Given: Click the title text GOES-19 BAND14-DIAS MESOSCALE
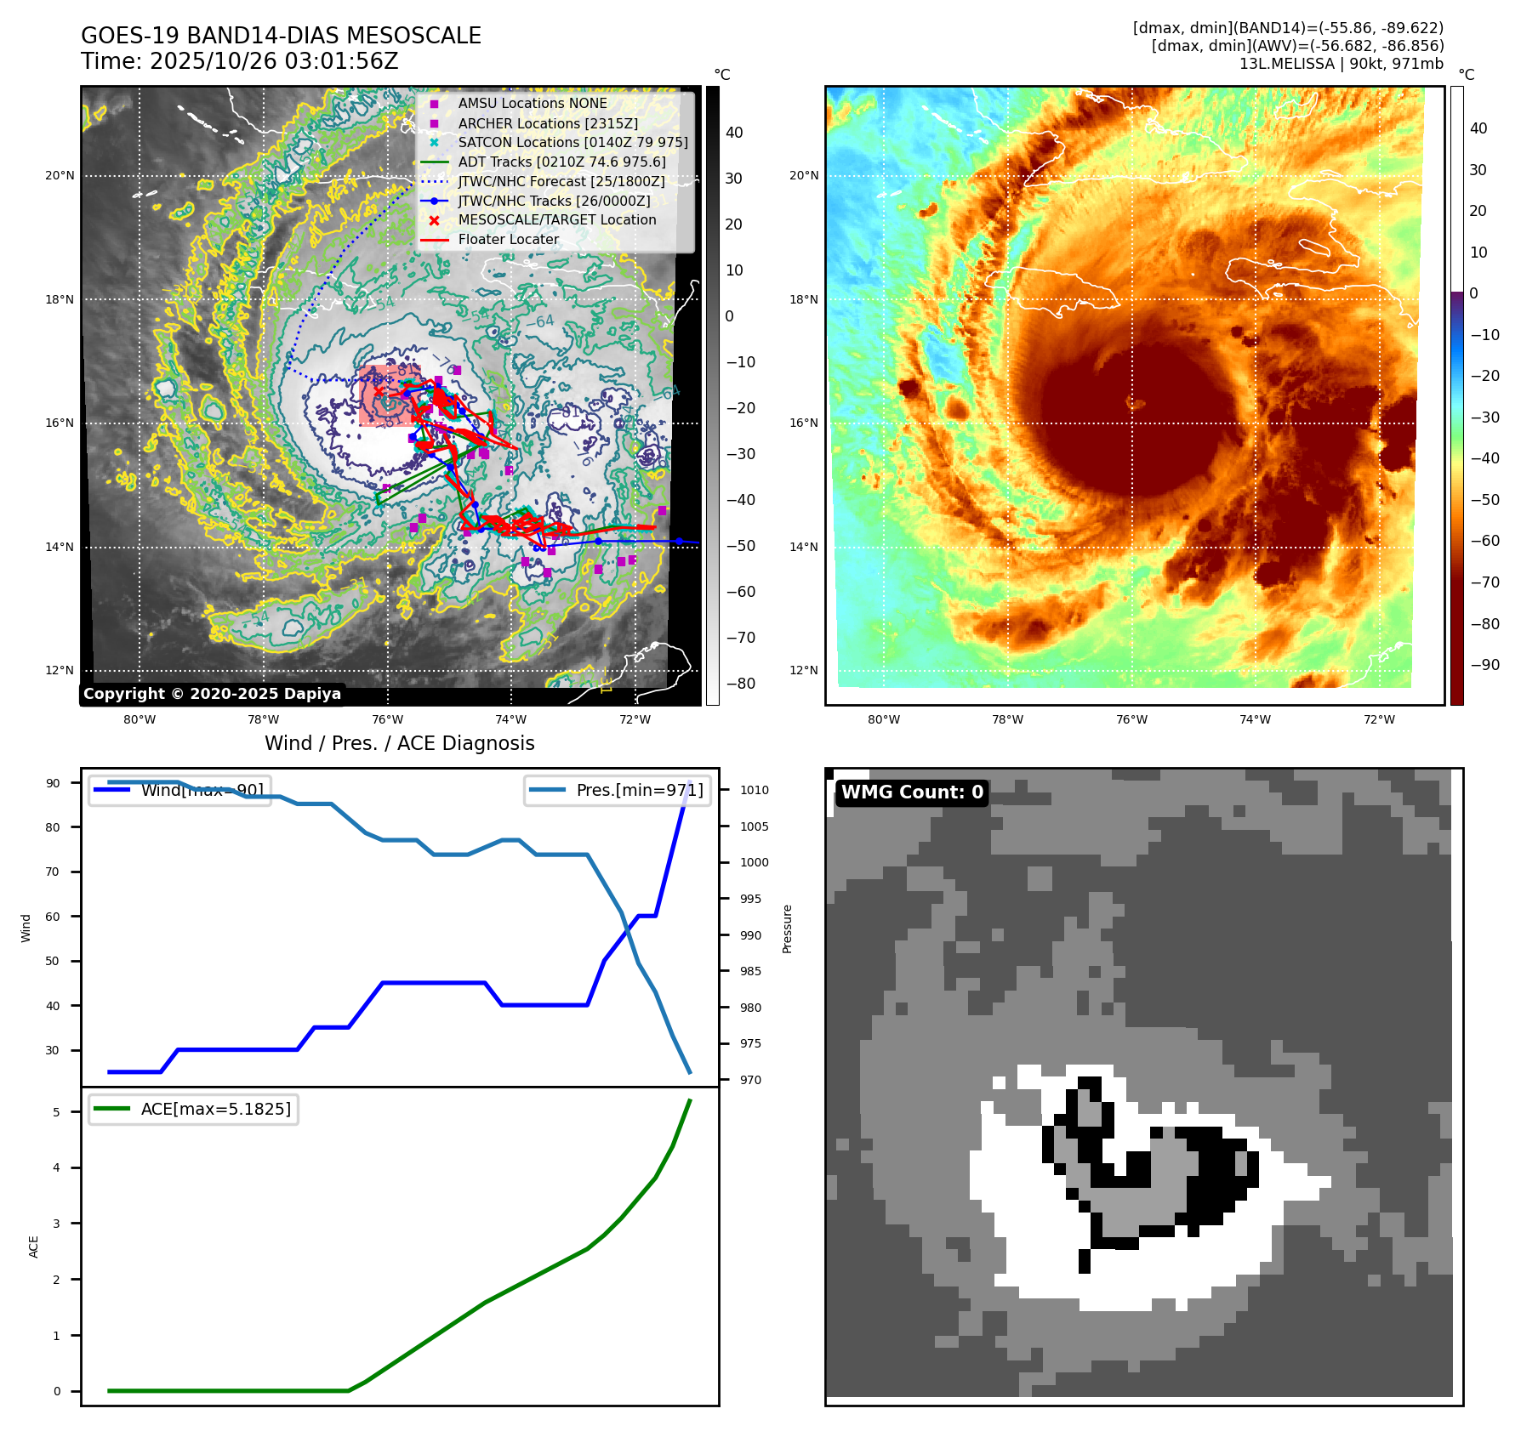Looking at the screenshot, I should tap(281, 36).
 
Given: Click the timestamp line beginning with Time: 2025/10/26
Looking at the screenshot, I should tap(239, 61).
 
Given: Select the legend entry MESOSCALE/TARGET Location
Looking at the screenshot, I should tap(556, 219).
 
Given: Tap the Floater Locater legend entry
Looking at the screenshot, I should tap(508, 239).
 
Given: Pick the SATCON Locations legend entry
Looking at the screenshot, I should tap(573, 142).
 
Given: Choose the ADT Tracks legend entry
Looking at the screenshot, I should tap(561, 162).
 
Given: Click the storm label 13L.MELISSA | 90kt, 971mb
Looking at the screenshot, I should tap(1341, 64).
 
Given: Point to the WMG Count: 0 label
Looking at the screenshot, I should tap(912, 792).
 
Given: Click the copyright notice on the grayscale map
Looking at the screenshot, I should tap(212, 694).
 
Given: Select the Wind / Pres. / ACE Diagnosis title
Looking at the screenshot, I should tap(400, 743).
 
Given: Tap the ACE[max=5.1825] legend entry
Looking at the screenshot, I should tap(215, 1109).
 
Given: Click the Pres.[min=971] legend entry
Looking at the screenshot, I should tap(639, 790).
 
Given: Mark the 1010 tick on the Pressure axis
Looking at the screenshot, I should tap(754, 790).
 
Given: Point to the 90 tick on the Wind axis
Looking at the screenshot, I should tap(54, 783).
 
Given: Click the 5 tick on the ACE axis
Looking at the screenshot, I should tap(57, 1112).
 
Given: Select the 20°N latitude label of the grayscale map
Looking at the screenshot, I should tap(60, 176).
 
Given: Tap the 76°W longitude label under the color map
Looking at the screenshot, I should tap(1131, 719).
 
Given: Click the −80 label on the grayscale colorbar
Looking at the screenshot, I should tap(740, 684).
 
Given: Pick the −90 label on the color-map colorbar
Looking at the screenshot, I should tap(1484, 665).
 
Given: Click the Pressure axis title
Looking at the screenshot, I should tap(788, 929).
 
